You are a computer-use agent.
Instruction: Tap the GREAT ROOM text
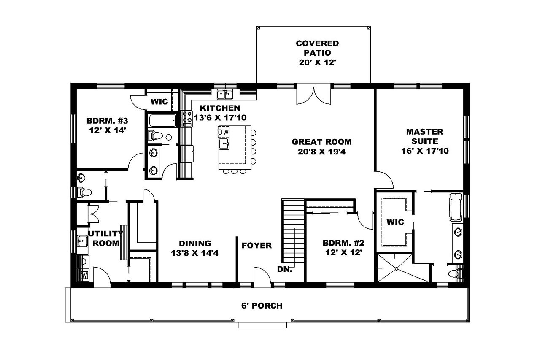pyautogui.click(x=321, y=142)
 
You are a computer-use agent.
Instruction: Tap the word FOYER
pyautogui.click(x=256, y=246)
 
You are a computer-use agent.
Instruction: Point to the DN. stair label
pyautogui.click(x=285, y=269)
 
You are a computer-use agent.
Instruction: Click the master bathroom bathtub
pyautogui.click(x=456, y=207)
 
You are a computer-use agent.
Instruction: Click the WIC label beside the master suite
pyautogui.click(x=395, y=222)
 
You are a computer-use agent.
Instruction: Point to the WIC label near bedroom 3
pyautogui.click(x=159, y=102)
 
